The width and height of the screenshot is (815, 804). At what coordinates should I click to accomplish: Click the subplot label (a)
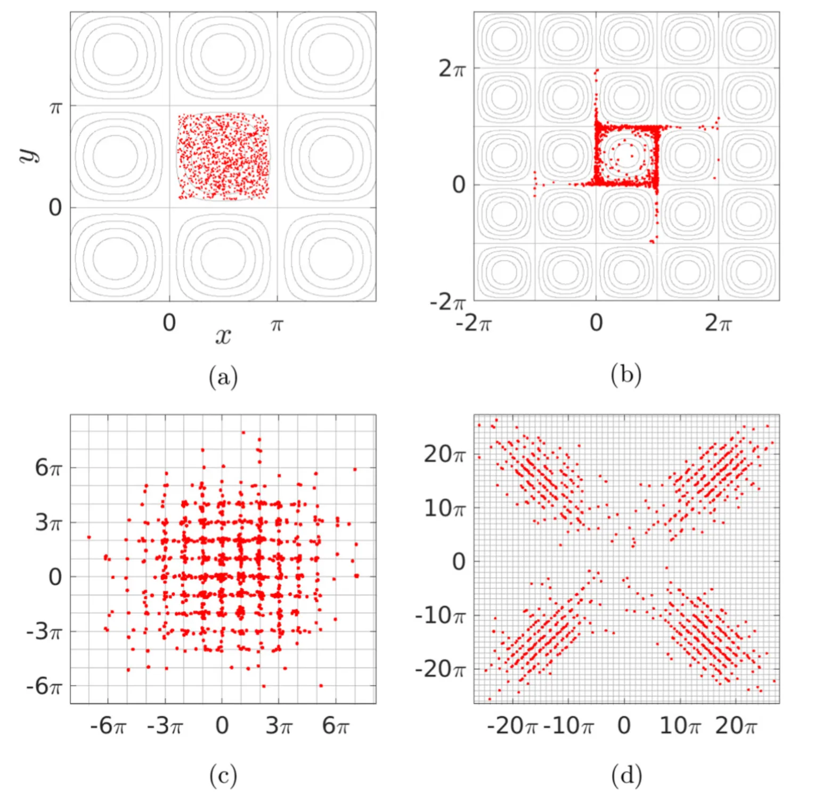223,377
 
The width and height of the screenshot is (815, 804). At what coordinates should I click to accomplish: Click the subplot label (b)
626,375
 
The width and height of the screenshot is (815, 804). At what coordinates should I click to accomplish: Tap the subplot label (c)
223,776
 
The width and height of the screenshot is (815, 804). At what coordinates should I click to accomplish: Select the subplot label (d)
626,776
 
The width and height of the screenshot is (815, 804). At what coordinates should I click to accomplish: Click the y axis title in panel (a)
30,155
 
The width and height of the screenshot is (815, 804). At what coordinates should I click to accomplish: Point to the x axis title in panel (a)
223,336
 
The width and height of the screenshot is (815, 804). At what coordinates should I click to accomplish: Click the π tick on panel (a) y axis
55,108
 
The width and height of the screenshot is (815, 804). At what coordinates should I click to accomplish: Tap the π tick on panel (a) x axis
276,324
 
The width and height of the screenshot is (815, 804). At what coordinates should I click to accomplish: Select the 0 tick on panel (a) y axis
55,208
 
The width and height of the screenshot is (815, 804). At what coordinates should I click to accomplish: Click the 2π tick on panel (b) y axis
452,69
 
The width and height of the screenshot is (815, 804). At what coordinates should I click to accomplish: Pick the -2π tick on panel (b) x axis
473,323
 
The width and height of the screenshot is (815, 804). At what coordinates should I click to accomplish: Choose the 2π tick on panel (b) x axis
718,323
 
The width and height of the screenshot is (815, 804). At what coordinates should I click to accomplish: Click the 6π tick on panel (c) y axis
48,468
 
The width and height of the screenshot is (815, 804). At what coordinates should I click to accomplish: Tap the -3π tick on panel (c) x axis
165,726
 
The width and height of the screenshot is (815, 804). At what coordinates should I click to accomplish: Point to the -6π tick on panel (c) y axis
44,686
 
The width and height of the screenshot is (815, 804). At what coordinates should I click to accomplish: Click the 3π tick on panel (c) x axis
279,726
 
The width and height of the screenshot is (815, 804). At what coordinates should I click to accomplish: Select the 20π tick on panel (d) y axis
444,454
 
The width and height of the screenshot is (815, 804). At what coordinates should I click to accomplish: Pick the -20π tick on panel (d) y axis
440,669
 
